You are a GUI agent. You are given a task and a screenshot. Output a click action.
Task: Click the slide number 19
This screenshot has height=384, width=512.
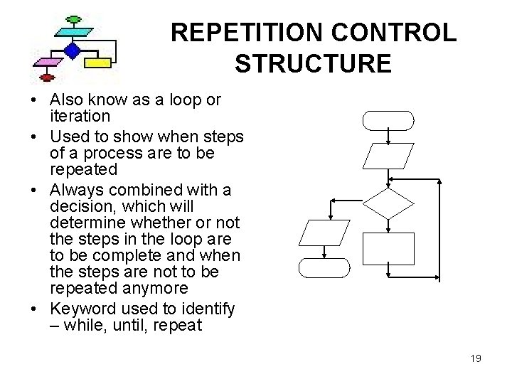coord(476,358)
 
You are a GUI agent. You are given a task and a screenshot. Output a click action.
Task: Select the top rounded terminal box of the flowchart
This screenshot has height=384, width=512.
coord(388,120)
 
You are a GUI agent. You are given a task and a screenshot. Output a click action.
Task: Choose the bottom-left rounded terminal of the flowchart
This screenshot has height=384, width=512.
coord(324,267)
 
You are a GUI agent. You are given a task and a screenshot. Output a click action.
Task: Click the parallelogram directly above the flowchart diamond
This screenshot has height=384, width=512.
coord(388,157)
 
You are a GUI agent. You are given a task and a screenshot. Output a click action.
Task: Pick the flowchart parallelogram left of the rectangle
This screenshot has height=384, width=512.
coord(324,233)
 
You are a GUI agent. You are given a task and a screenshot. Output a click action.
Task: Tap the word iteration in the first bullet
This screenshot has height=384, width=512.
coord(80,114)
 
